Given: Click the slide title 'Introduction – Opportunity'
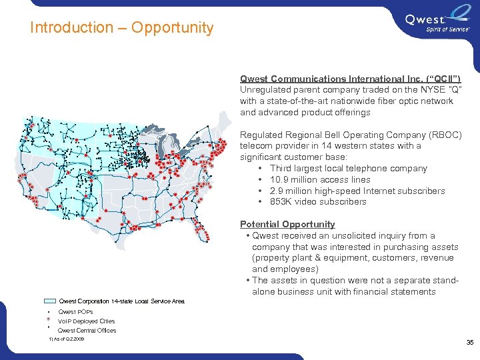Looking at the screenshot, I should tap(121, 28).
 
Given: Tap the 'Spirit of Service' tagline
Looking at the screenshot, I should tap(448, 29).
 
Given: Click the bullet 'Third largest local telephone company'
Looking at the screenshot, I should tap(349, 169).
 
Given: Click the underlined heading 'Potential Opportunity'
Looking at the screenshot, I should tap(287, 224).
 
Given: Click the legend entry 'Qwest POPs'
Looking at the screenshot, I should tap(75, 311).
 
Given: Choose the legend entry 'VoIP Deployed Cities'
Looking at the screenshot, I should tap(87, 321).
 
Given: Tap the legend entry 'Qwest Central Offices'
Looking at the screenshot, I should tap(87, 330).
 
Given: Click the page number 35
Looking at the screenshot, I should tap(469, 343).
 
